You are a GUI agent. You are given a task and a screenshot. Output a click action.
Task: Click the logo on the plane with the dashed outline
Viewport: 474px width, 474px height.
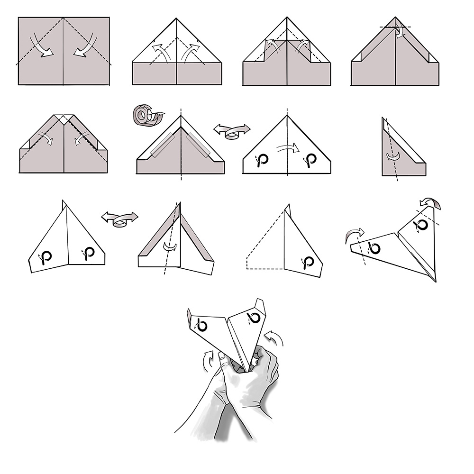click(308, 262)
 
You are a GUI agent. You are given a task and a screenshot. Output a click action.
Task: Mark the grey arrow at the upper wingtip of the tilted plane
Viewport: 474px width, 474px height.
click(431, 203)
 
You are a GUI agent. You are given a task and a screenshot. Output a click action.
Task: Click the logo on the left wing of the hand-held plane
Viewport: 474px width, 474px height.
click(201, 326)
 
